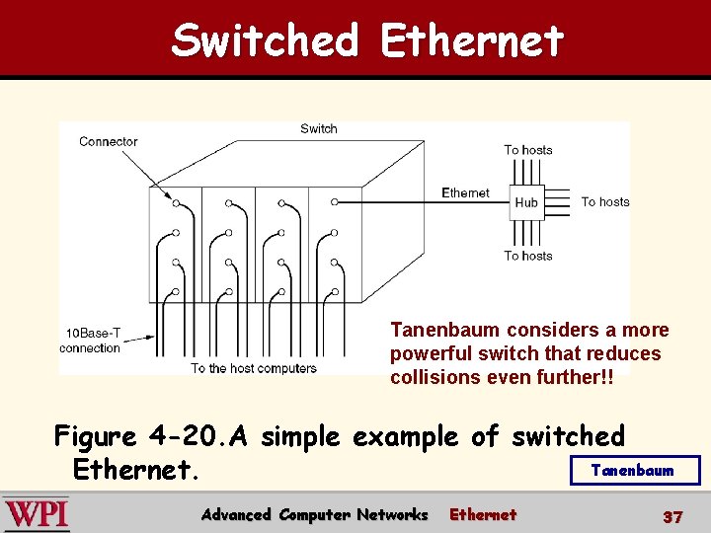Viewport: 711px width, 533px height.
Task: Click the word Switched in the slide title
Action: [x=265, y=41]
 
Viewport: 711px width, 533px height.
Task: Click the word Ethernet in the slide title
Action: [x=471, y=41]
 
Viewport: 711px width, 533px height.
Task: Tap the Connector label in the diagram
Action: [x=108, y=141]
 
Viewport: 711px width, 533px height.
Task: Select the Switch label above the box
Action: [x=318, y=128]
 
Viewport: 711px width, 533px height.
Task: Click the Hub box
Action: [x=526, y=202]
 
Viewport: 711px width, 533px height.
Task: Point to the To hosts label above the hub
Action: [x=528, y=150]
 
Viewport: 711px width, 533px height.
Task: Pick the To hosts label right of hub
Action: [x=604, y=201]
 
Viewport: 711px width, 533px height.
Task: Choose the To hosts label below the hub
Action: [x=528, y=256]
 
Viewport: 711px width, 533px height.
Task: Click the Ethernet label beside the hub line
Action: [x=465, y=193]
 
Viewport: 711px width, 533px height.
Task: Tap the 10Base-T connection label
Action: [x=91, y=341]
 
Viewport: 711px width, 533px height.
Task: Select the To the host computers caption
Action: [x=254, y=368]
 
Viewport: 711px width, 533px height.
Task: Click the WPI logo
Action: [x=36, y=514]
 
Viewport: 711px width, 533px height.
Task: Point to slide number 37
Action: [x=672, y=516]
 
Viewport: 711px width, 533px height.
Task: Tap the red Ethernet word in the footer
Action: [x=483, y=514]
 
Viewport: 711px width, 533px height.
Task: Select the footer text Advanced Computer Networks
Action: [x=314, y=514]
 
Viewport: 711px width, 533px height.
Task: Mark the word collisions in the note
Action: [x=434, y=377]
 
